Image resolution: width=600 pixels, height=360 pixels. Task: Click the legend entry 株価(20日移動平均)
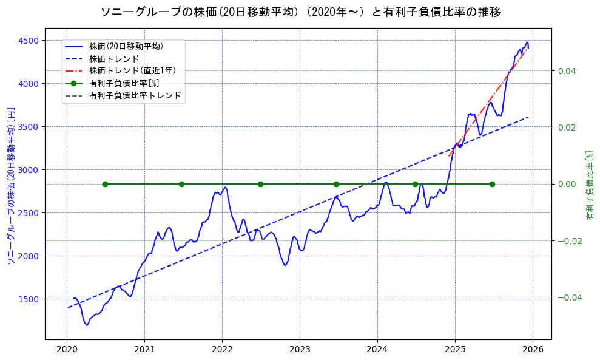(126, 46)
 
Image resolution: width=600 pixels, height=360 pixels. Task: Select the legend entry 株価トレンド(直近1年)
(132, 70)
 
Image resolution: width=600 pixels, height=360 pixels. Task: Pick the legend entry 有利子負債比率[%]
(124, 83)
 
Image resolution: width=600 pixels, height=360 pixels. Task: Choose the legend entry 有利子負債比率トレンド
(135, 95)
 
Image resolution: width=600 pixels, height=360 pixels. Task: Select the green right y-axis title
(589, 185)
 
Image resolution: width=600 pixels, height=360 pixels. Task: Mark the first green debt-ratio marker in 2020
(105, 184)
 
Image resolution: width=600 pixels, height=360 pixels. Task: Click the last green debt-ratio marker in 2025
(492, 184)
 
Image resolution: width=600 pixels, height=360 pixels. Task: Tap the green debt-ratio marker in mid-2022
(260, 184)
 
